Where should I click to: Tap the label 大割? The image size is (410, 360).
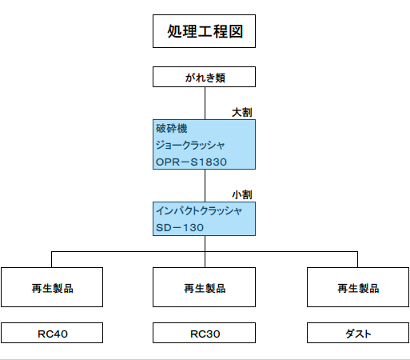click(x=242, y=112)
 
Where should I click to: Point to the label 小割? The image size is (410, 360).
click(x=242, y=194)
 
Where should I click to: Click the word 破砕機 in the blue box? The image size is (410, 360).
click(x=172, y=128)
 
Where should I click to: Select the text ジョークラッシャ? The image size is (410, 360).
click(x=190, y=145)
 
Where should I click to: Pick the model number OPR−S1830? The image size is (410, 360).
click(x=191, y=162)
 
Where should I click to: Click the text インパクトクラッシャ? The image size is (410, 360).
click(x=199, y=211)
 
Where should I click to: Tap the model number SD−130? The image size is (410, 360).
click(x=180, y=228)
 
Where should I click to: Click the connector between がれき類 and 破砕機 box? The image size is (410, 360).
click(x=205, y=103)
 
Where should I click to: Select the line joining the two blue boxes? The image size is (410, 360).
click(x=205, y=186)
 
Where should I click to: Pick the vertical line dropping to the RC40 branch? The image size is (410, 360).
click(x=51, y=259)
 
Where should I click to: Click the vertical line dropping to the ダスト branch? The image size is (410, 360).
click(x=357, y=259)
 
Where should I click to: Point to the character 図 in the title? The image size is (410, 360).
click(x=236, y=31)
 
